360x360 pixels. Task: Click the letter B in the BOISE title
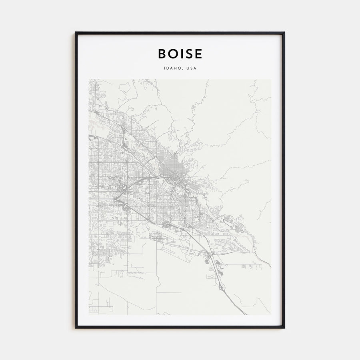coord(162,54)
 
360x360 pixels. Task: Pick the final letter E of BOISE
coord(198,54)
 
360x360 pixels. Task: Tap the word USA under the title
coord(191,68)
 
